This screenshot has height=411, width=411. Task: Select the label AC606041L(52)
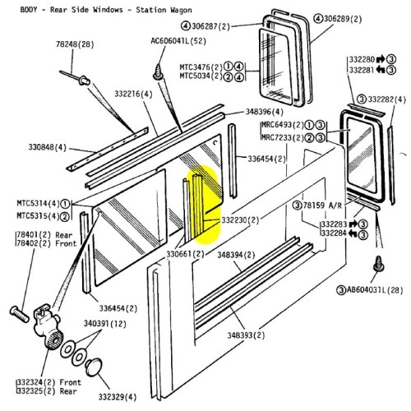pyautogui.click(x=178, y=40)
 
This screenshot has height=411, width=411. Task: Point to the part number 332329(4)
pyautogui.click(x=115, y=397)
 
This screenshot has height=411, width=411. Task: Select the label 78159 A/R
pyautogui.click(x=327, y=204)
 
